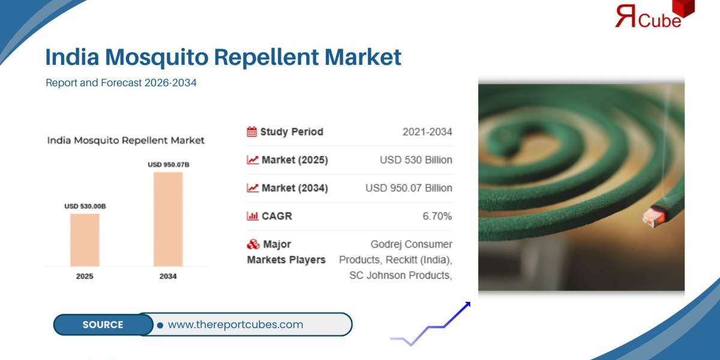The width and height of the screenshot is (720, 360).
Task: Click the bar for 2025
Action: point(85,239)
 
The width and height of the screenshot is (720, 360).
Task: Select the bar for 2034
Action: point(168,219)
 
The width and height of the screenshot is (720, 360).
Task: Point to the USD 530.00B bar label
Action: point(85,206)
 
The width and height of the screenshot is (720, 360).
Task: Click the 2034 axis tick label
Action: point(168,277)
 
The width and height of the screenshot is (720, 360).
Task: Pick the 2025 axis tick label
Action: point(85,277)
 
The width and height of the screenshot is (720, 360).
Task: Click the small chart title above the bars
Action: point(126,140)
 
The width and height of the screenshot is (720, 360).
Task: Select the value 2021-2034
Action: point(427,132)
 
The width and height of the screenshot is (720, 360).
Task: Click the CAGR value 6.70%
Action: point(437,216)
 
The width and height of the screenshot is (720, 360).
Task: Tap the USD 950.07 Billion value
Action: point(409,188)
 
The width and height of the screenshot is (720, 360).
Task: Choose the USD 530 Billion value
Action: point(416,160)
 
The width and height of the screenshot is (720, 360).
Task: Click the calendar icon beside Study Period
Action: point(252,132)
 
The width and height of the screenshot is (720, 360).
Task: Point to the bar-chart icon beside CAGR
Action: point(252,216)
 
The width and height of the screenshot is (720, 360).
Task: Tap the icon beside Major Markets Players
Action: point(253,245)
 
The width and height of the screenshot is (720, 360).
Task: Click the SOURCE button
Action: point(103,325)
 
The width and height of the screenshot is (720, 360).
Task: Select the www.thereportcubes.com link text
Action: point(235,325)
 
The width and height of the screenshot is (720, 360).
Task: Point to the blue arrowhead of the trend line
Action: point(467,305)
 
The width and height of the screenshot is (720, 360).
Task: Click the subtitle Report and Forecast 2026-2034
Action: point(121,83)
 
